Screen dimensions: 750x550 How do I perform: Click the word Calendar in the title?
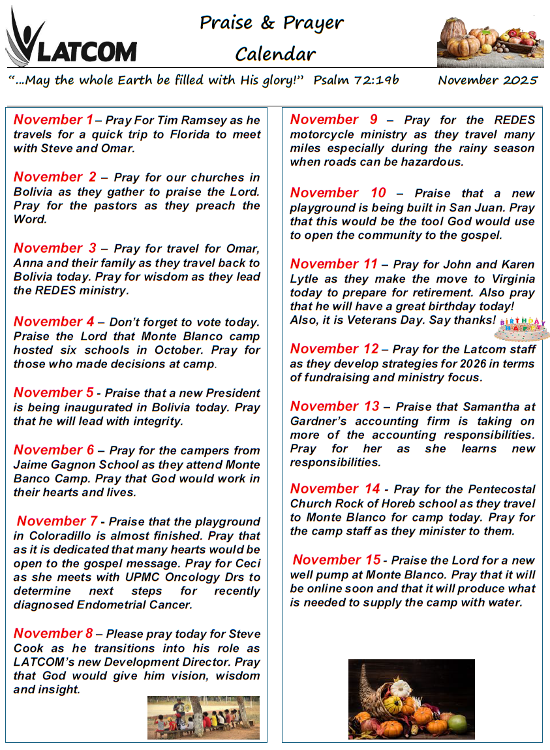[x=275, y=54]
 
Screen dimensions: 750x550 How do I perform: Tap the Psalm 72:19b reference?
[x=356, y=80]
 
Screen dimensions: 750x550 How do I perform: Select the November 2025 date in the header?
[x=487, y=80]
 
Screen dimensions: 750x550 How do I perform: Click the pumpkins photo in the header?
[x=489, y=42]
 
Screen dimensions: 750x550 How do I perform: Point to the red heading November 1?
[x=53, y=119]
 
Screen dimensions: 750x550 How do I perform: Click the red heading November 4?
[x=53, y=321]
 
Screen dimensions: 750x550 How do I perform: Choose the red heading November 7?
[x=57, y=521]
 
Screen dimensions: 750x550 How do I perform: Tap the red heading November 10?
[x=338, y=193]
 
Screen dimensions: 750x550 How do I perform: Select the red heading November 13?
[x=334, y=406]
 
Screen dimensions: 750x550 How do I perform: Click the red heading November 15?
[x=337, y=559]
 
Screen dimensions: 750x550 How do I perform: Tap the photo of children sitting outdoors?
[x=203, y=717]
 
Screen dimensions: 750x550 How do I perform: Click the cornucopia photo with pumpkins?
[x=411, y=698]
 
